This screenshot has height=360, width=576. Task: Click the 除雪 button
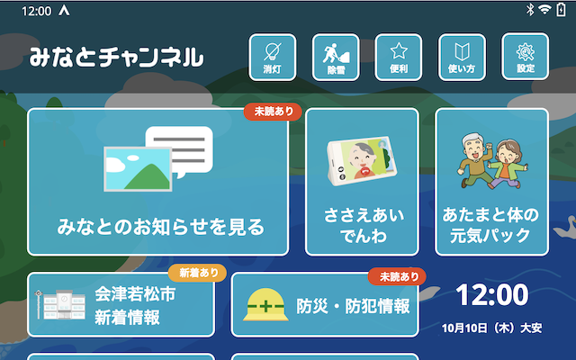(x=336, y=56)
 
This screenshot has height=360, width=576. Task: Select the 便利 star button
(x=399, y=56)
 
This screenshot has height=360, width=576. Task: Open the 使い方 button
(x=462, y=56)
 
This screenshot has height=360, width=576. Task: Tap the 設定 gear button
(x=525, y=56)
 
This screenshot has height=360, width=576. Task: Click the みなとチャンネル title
(x=116, y=58)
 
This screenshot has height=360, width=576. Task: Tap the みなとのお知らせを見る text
(x=158, y=225)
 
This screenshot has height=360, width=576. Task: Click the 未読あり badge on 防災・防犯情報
(x=396, y=276)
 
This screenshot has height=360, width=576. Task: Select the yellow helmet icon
(x=265, y=307)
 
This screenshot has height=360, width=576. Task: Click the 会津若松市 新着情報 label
(x=127, y=306)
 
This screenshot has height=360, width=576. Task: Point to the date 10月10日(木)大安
(x=491, y=328)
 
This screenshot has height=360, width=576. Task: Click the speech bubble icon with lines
(x=180, y=148)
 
